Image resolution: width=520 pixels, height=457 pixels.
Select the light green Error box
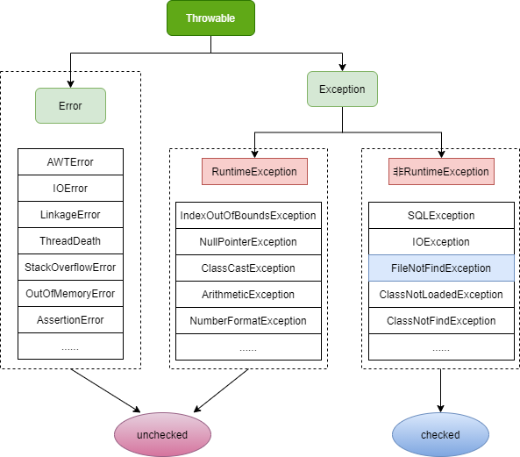click(x=70, y=105)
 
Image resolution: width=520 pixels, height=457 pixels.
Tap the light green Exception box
click(x=342, y=89)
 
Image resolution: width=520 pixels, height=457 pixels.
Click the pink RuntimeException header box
click(x=254, y=172)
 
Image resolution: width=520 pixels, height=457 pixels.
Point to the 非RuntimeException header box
click(x=441, y=172)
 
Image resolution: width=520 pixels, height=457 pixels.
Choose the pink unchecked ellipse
click(x=162, y=433)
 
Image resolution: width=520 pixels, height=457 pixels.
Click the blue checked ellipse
click(x=440, y=433)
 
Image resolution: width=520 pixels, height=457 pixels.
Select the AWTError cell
click(x=70, y=162)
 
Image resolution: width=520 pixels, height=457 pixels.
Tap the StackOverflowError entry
click(x=70, y=268)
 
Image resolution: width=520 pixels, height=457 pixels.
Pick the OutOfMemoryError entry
click(x=70, y=294)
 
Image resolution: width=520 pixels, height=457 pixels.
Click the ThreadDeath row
click(x=70, y=241)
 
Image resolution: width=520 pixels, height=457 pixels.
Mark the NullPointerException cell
click(x=248, y=242)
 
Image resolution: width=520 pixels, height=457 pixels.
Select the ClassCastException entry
click(x=248, y=268)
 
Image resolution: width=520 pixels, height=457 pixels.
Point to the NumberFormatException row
click(x=248, y=321)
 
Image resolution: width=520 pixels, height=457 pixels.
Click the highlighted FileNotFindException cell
click(x=441, y=268)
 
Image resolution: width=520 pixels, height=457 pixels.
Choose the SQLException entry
click(x=441, y=216)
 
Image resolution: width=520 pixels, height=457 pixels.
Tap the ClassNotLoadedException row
click(x=441, y=295)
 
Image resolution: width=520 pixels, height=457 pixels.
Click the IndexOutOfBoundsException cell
click(x=248, y=216)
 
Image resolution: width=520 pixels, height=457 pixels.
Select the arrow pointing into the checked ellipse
click(x=441, y=391)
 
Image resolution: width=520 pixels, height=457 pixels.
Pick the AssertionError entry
click(x=70, y=320)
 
